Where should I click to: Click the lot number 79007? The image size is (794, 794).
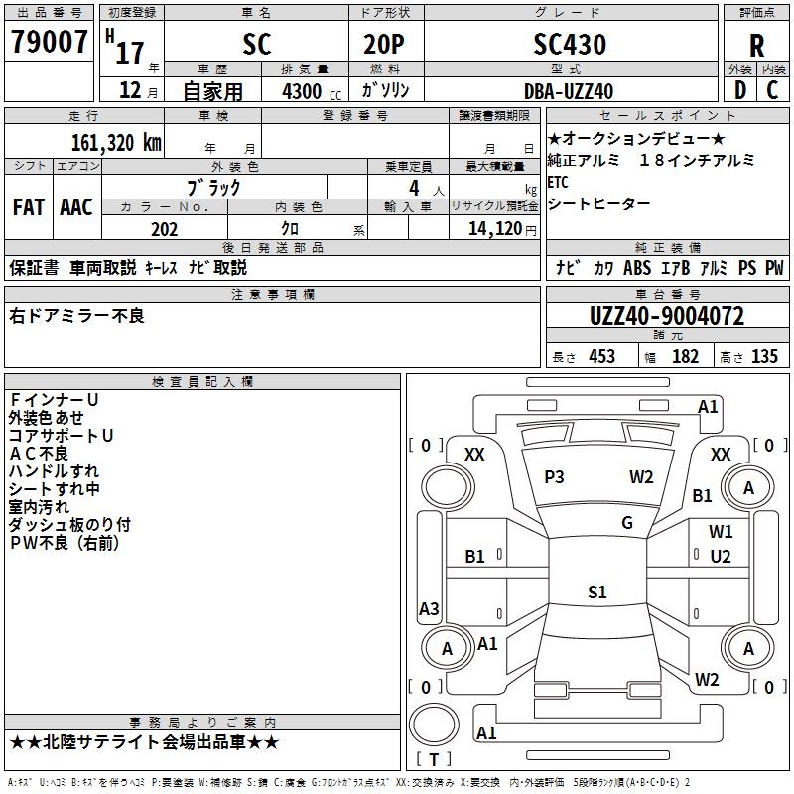click(x=49, y=43)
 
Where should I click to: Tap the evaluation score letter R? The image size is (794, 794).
click(x=756, y=45)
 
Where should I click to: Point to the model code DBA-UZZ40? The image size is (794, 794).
click(x=569, y=91)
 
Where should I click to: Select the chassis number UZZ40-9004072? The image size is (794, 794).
click(x=666, y=316)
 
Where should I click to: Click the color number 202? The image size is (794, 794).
click(x=164, y=228)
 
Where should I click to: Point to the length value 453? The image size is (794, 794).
click(x=601, y=357)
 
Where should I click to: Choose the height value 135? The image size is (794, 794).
click(x=764, y=357)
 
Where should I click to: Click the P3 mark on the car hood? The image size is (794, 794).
click(x=554, y=477)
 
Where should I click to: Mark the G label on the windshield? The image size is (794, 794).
click(x=627, y=523)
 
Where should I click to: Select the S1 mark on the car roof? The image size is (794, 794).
click(x=596, y=593)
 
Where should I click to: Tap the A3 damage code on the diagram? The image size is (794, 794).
click(x=429, y=608)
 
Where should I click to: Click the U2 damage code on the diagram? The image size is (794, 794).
click(x=721, y=556)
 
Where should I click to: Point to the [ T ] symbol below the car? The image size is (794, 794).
click(x=433, y=760)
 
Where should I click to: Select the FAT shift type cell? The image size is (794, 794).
click(x=28, y=206)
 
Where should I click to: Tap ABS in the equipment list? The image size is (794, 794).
click(x=637, y=267)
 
